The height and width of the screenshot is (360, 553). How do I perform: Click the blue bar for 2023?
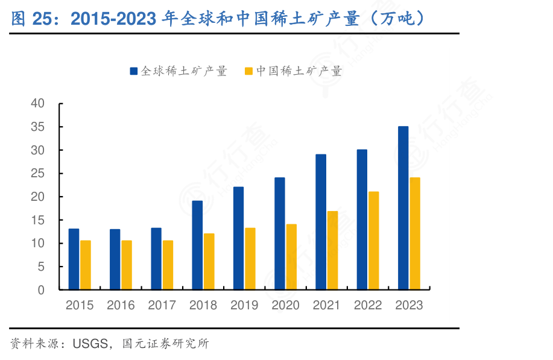[403, 208]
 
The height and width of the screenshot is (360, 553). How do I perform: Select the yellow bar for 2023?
[415, 233]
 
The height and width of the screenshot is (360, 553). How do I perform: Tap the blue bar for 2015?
[74, 259]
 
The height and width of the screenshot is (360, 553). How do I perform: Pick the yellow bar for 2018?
[209, 262]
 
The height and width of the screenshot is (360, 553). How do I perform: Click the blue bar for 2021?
[321, 222]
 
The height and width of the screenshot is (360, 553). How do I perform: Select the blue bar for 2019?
[239, 238]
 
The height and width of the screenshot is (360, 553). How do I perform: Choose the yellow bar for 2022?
[374, 241]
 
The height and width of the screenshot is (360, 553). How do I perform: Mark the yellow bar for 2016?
[127, 265]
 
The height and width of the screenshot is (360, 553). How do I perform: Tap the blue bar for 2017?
[156, 259]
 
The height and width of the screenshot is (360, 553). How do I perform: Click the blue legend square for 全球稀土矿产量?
[133, 71]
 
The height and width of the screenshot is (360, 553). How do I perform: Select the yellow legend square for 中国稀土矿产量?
[248, 71]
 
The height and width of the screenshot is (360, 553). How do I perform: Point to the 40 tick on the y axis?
[37, 104]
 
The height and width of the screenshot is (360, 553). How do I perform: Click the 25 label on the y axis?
[37, 174]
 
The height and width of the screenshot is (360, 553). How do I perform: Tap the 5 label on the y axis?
[41, 267]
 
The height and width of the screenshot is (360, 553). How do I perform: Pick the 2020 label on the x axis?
[285, 305]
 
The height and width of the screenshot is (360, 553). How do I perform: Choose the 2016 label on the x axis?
[121, 305]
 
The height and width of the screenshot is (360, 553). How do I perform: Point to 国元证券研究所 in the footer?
[165, 344]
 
